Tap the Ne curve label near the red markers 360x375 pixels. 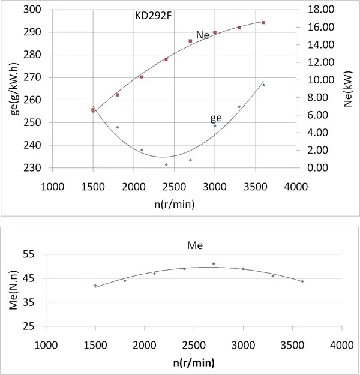202,35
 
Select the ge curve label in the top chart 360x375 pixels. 215,118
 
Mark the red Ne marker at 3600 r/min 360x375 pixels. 263,23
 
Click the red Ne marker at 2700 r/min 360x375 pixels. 190,41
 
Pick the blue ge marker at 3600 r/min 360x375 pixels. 263,85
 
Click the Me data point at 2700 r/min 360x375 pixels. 213,263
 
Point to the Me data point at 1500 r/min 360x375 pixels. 95,286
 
